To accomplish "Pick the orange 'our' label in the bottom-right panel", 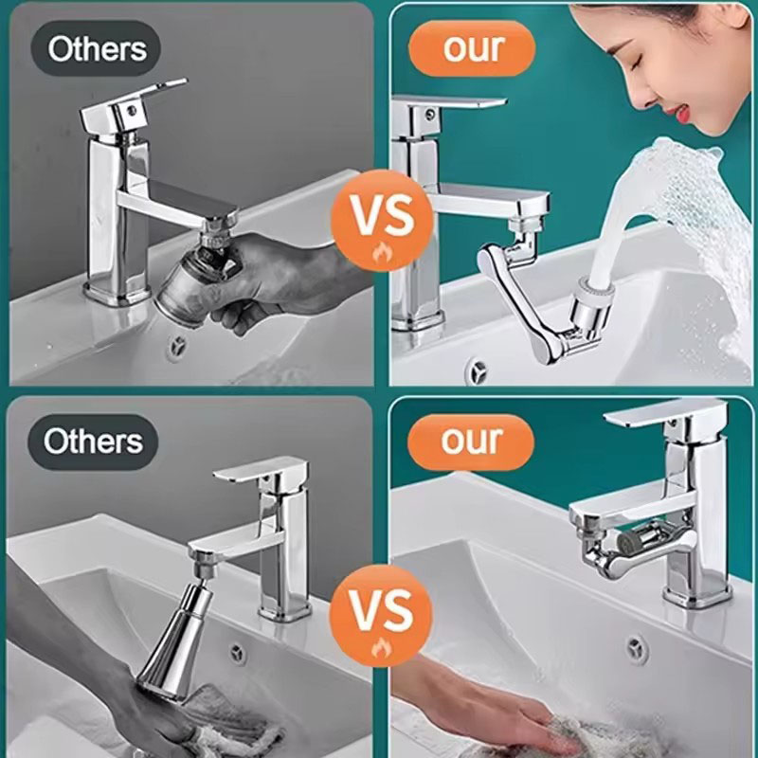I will pyautogui.click(x=471, y=442).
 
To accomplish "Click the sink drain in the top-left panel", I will pyautogui.click(x=175, y=346).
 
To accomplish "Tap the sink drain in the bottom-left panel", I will pyautogui.click(x=236, y=653).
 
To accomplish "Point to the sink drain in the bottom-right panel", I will pyautogui.click(x=637, y=648).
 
